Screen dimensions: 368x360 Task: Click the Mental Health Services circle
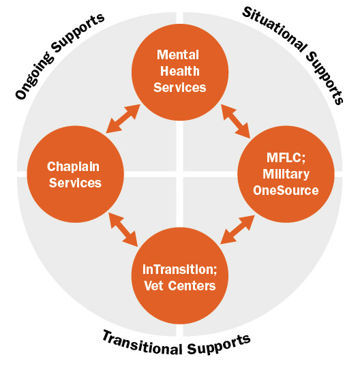180,71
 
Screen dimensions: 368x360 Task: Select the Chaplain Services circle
74,174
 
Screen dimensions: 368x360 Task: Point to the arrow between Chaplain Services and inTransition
123,229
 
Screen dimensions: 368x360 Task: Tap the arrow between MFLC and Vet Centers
237,228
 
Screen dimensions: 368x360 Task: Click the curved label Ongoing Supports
59,55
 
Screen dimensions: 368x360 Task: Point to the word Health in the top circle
180,70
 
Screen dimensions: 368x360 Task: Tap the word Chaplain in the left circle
74,166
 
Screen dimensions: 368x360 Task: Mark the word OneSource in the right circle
286,191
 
